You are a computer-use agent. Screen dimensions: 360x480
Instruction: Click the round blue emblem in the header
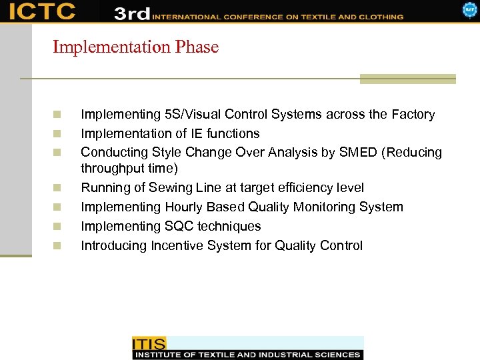click(470, 9)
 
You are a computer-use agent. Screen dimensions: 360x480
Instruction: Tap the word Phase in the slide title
click(197, 47)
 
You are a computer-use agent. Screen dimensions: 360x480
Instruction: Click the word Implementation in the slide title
click(112, 47)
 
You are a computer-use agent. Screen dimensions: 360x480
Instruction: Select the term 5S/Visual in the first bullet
click(187, 115)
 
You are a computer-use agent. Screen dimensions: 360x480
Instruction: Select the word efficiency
click(304, 188)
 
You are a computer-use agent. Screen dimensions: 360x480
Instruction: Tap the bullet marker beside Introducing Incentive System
click(57, 246)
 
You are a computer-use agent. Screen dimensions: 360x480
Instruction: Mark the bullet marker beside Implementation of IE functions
click(57, 133)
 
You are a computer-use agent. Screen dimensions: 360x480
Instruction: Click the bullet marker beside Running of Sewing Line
click(57, 188)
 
